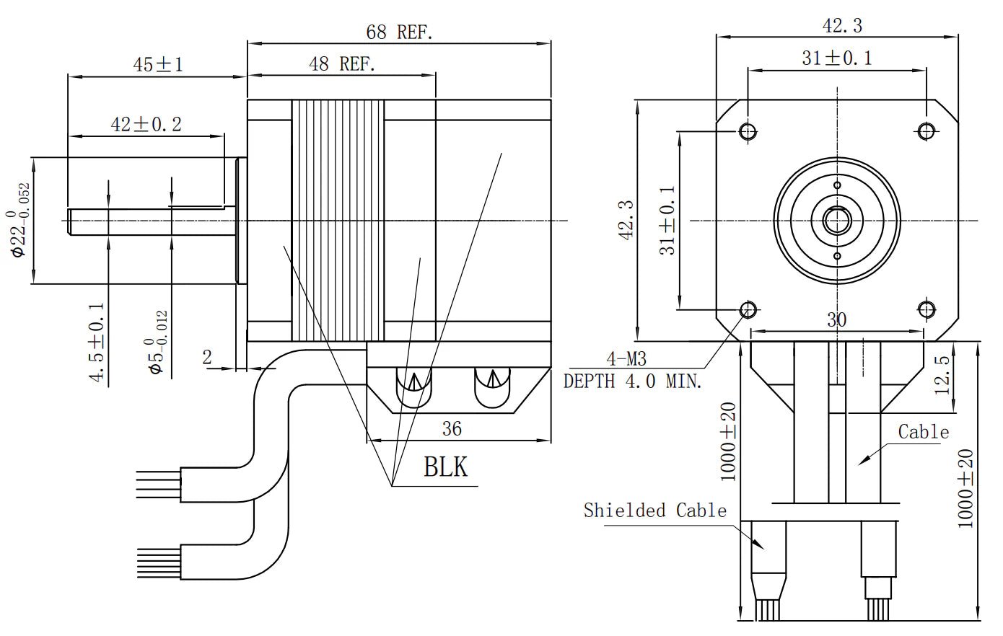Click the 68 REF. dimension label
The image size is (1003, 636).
point(399,32)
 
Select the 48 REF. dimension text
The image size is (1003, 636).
point(342,64)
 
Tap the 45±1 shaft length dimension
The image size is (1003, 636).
point(158,65)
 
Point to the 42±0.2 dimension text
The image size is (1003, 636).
point(146,124)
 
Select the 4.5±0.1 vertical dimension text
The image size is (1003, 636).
point(97,342)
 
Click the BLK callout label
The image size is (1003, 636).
point(445,467)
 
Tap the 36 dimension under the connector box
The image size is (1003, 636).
point(452,429)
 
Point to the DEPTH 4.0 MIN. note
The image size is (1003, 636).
point(632,381)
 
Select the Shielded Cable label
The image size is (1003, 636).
point(654,511)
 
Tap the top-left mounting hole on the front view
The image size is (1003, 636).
point(748,131)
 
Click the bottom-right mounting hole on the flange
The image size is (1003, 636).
point(927,309)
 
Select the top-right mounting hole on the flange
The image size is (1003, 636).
point(927,131)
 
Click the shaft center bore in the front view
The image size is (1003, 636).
point(837,220)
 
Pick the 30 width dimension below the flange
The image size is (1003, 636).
point(836,319)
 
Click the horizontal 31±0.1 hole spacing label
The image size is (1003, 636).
point(836,58)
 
